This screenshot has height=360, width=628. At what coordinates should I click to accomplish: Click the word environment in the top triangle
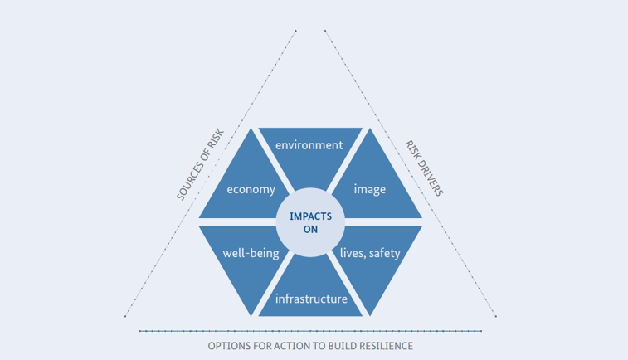point(309,145)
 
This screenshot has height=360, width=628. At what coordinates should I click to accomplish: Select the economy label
point(251,189)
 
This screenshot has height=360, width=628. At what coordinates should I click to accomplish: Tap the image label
point(370,189)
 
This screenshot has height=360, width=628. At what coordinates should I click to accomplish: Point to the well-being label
point(251,253)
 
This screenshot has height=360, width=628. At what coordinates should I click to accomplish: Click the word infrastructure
point(311,299)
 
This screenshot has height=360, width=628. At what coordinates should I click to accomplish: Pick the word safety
point(384,253)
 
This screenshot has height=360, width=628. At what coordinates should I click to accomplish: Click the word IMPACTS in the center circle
point(310,216)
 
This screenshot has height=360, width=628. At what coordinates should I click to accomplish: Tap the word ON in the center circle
point(310,230)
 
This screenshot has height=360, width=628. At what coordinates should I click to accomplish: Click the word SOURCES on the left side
point(189,180)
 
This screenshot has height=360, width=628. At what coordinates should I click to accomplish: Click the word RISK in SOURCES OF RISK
point(217,139)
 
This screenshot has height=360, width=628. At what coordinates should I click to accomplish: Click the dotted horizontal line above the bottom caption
point(310,331)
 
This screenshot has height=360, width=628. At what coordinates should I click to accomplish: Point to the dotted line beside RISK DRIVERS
point(411,173)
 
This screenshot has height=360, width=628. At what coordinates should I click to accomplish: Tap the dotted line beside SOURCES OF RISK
point(210,173)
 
